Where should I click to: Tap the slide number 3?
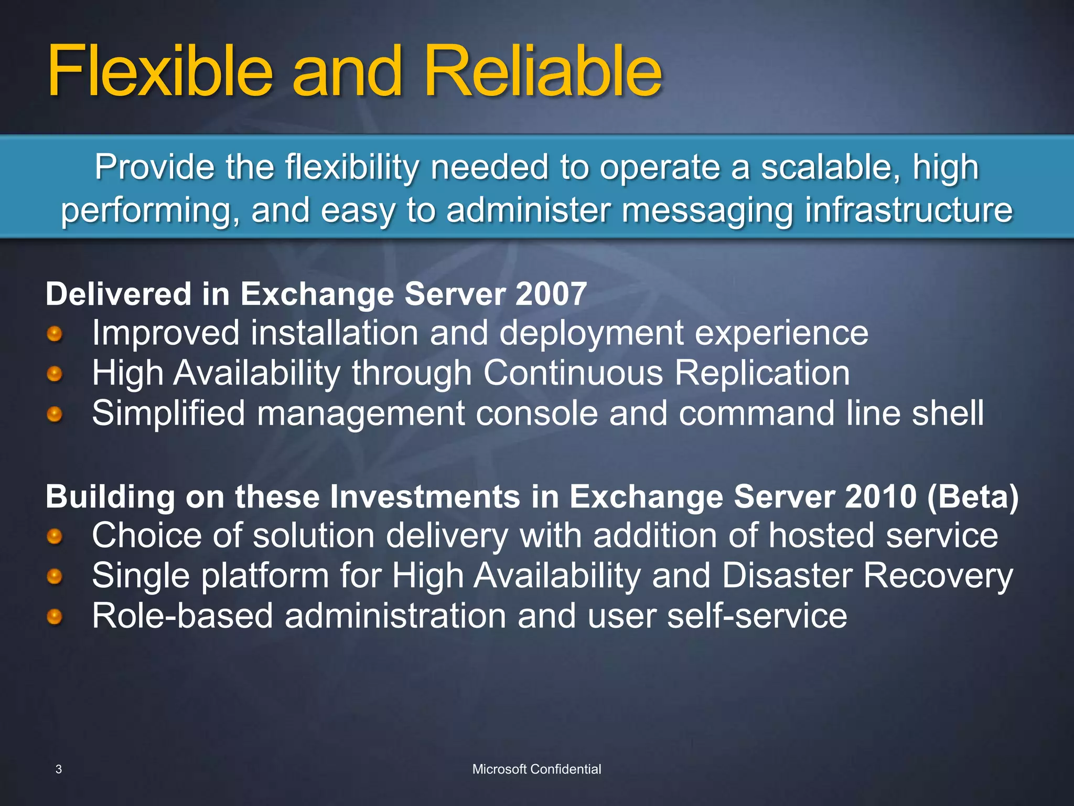pos(59,769)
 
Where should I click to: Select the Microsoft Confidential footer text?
pos(536,769)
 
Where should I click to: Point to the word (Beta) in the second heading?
pos(973,496)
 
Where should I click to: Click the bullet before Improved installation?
pos(55,334)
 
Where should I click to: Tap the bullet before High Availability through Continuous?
pos(55,374)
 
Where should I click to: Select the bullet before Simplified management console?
pos(55,415)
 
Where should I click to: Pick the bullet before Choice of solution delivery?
pos(55,536)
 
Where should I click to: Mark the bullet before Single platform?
pos(55,577)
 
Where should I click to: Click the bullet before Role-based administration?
pos(55,617)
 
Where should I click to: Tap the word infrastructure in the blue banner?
pos(908,210)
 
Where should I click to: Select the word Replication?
pos(761,373)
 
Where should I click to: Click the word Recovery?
pos(938,576)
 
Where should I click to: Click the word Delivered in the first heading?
pos(119,294)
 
